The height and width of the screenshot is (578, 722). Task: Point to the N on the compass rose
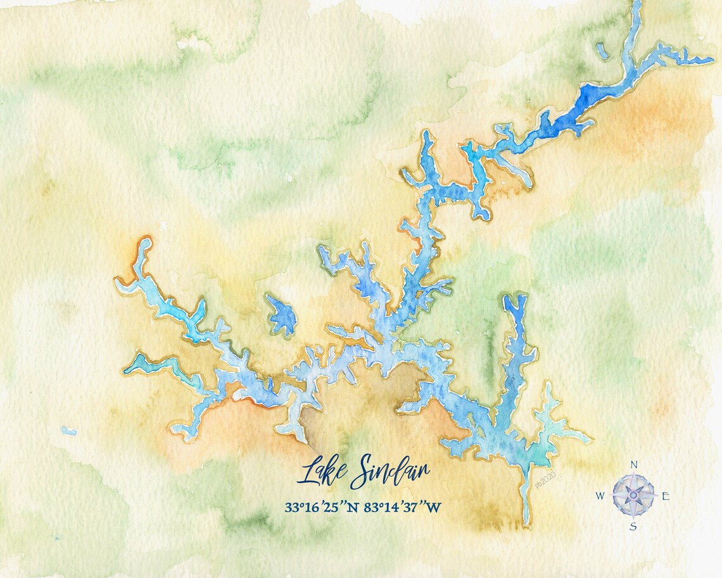(x=634, y=465)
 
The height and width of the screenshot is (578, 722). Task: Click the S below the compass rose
(x=633, y=526)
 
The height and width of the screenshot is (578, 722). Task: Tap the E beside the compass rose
(x=665, y=496)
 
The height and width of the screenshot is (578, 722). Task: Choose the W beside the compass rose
(x=600, y=496)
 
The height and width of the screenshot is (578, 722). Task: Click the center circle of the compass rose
(x=633, y=495)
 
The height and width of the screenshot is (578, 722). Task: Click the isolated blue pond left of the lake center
(x=281, y=315)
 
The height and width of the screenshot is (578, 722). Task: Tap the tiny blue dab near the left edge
(x=68, y=431)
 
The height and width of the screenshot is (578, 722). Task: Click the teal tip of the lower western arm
(x=132, y=366)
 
